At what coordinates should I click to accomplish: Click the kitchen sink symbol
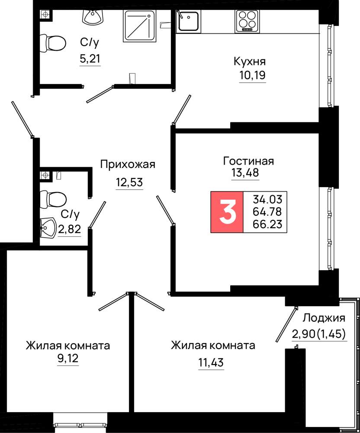pyautogui.click(x=188, y=20)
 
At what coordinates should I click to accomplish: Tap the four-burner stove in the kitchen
pyautogui.click(x=247, y=21)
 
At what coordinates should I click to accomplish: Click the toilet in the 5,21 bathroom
pyautogui.click(x=53, y=43)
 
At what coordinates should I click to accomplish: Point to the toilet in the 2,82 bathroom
pyautogui.click(x=53, y=199)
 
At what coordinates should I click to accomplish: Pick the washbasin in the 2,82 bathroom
pyautogui.click(x=48, y=228)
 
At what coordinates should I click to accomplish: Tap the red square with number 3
pyautogui.click(x=227, y=212)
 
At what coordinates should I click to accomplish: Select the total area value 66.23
pyautogui.click(x=267, y=224)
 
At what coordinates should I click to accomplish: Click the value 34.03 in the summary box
pyautogui.click(x=267, y=199)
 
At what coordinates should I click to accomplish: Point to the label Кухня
pyautogui.click(x=250, y=61)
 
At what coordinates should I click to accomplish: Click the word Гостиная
pyautogui.click(x=248, y=161)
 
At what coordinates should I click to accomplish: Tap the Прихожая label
pyautogui.click(x=128, y=164)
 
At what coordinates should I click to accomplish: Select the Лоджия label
pyautogui.click(x=324, y=318)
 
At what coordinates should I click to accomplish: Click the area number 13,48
pyautogui.click(x=245, y=173)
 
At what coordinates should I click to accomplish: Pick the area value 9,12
pyautogui.click(x=68, y=359)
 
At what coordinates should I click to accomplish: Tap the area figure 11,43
pyautogui.click(x=211, y=362)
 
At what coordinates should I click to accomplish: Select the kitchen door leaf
pyautogui.click(x=182, y=110)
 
